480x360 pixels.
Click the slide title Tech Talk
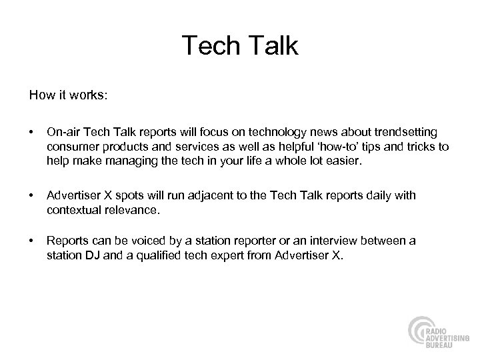240,46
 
